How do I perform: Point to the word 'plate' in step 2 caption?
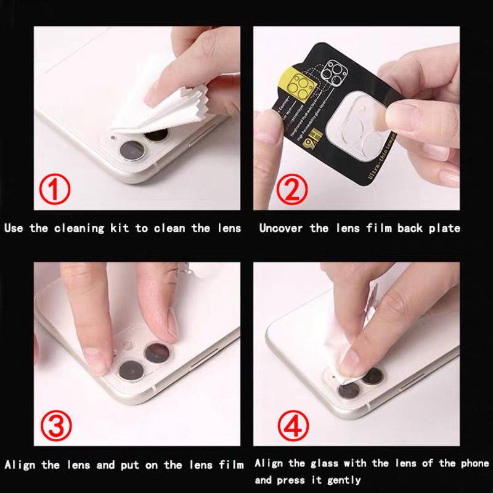pos(446,228)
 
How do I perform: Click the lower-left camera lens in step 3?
pos(131,370)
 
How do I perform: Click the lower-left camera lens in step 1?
pos(132,150)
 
